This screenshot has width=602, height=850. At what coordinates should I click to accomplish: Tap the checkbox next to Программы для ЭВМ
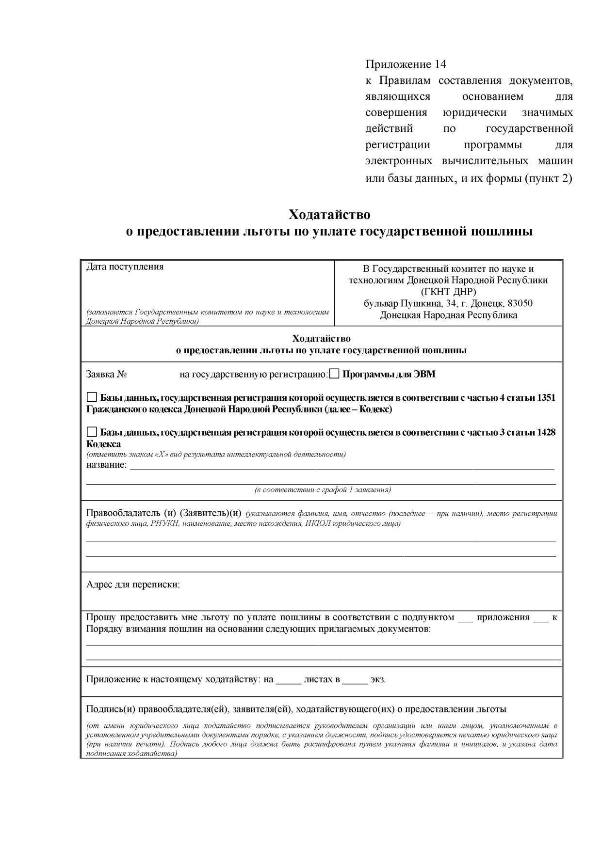[x=335, y=374]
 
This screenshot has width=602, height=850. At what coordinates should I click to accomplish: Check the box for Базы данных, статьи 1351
[x=92, y=397]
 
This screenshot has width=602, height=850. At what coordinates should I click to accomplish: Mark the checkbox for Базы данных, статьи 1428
[x=92, y=432]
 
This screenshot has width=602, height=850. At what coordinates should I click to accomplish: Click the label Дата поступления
[x=125, y=267]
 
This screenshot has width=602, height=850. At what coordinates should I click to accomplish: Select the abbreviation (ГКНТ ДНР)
[x=448, y=292]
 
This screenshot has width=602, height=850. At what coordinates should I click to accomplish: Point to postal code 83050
[x=520, y=303]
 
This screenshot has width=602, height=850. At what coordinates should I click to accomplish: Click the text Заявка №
[x=106, y=374]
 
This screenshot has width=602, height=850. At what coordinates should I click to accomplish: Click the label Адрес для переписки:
[x=133, y=584]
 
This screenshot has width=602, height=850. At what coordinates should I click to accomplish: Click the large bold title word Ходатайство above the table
[x=329, y=214]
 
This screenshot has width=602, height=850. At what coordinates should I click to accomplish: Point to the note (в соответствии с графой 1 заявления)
[x=323, y=490]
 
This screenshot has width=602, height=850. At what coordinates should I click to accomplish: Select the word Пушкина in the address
[x=420, y=303]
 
